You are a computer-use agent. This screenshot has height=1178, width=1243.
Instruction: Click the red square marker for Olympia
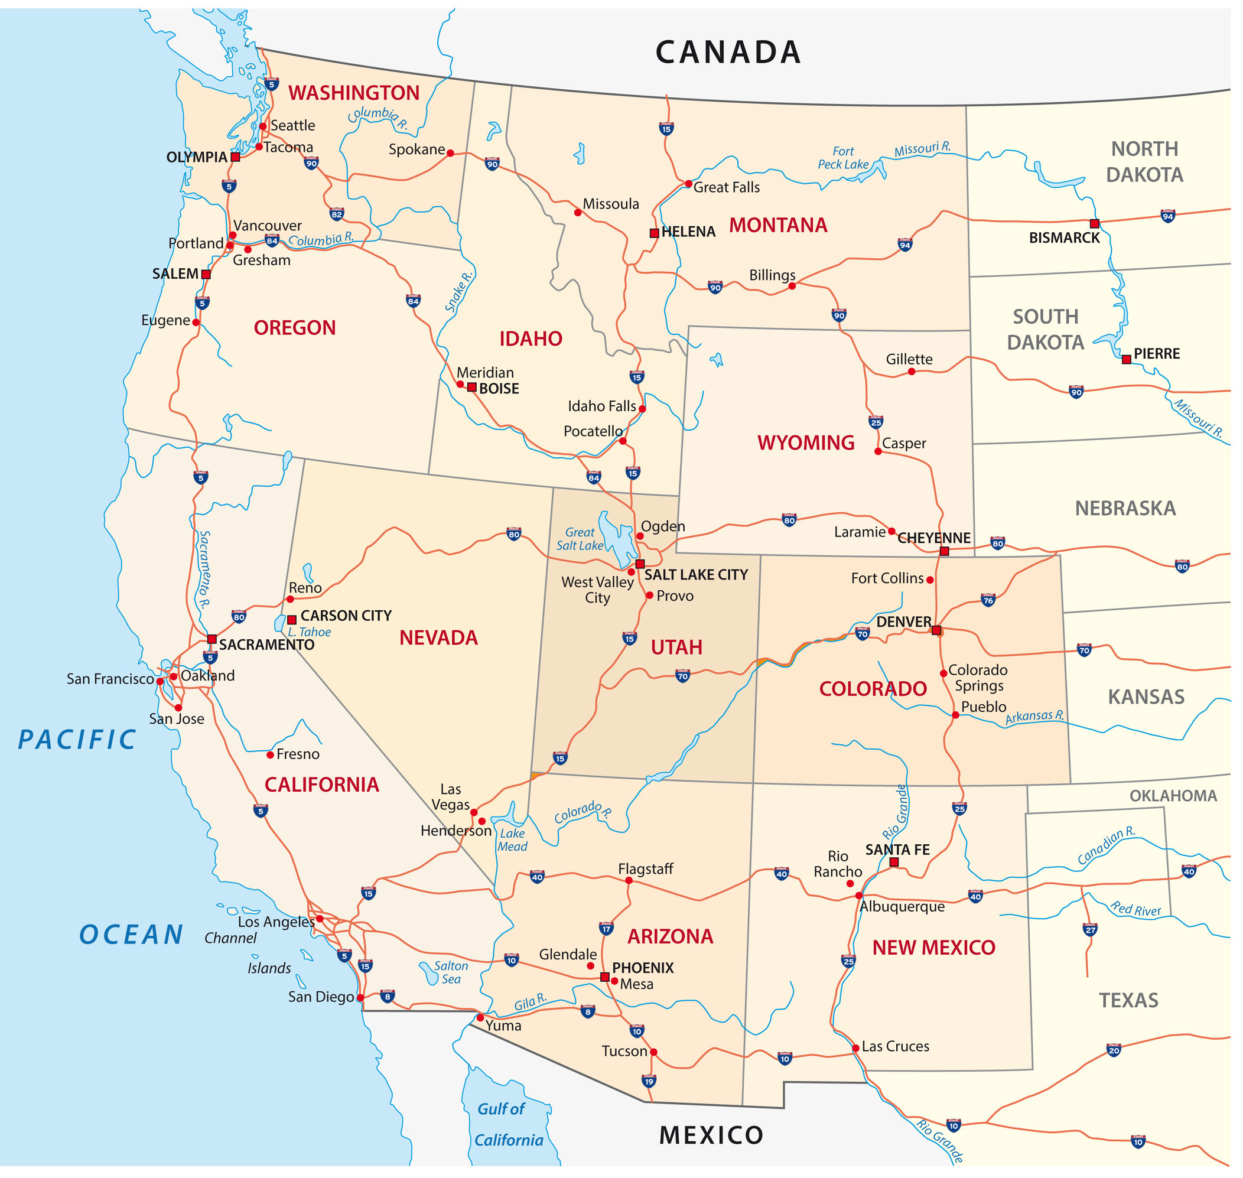click(x=235, y=157)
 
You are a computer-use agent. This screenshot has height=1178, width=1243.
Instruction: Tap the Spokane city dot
click(x=450, y=152)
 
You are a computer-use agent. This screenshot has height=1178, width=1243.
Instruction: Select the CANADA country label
click(x=728, y=52)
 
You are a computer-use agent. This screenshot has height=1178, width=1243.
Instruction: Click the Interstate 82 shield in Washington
click(x=337, y=214)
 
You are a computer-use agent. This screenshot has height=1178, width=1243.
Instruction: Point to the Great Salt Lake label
click(x=580, y=539)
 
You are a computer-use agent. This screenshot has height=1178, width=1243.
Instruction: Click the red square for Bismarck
click(x=1094, y=223)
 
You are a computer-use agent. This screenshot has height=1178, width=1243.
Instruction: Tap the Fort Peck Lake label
click(x=843, y=158)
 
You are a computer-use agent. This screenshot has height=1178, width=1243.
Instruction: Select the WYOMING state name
click(x=805, y=442)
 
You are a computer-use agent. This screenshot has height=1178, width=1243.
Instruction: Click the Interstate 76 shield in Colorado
click(x=988, y=600)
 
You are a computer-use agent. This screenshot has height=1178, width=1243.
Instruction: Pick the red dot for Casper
click(x=878, y=451)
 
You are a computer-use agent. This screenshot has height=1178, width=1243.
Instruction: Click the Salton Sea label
click(x=451, y=972)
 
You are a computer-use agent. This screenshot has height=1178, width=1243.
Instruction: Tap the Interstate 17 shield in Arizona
click(x=606, y=928)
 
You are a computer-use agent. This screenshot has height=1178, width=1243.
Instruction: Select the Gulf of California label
click(x=507, y=1124)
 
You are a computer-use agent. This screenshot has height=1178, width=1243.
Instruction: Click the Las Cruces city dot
click(x=855, y=1048)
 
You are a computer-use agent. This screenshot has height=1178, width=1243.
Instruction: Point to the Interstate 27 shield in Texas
click(x=1090, y=929)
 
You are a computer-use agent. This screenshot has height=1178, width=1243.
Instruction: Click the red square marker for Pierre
click(x=1126, y=359)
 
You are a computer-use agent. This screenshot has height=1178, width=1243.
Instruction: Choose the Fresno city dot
click(x=270, y=755)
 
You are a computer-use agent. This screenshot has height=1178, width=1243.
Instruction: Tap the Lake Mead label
click(x=512, y=839)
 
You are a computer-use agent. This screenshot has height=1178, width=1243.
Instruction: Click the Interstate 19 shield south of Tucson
click(x=649, y=1081)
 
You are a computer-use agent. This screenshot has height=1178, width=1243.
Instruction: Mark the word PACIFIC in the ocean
click(x=77, y=740)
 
